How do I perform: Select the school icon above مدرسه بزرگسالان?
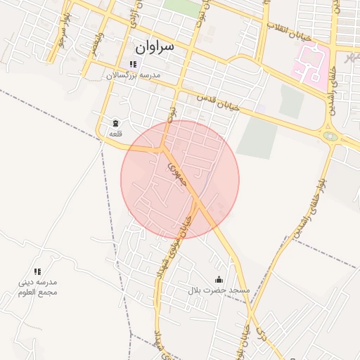click(x=133, y=65)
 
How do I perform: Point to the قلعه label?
click(x=115, y=133)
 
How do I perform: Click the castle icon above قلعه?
click(x=115, y=123)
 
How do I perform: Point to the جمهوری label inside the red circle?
click(x=174, y=173)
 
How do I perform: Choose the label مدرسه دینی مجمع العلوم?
click(x=38, y=287)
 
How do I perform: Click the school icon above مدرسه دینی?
click(x=38, y=271)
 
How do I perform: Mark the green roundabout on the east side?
click(x=330, y=136)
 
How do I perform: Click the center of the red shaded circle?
click(x=180, y=179)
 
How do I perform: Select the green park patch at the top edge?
click(x=181, y=7)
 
